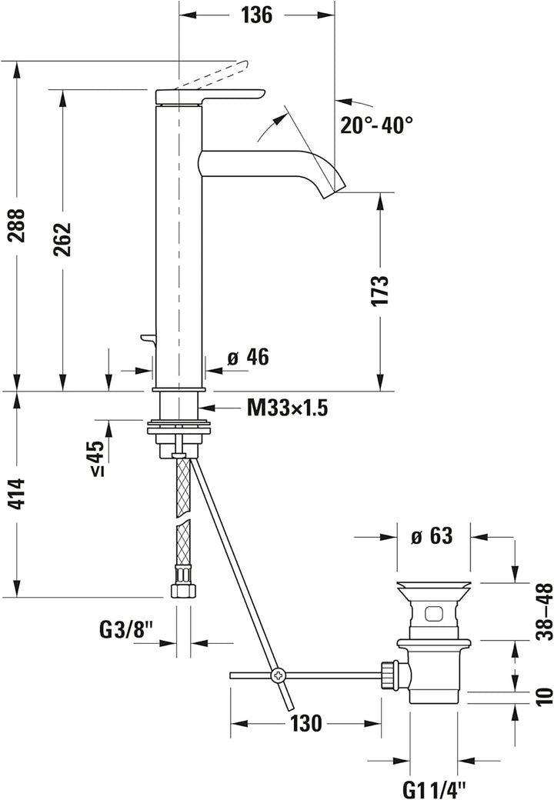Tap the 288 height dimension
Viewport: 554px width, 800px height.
tap(16, 225)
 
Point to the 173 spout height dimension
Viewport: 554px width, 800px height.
tap(379, 290)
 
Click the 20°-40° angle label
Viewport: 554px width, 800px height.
tap(378, 124)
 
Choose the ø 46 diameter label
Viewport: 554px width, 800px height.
tap(247, 357)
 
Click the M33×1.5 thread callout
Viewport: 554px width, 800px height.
tap(287, 408)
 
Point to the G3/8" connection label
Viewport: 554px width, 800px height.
tap(127, 631)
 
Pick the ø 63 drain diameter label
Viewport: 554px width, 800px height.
tap(432, 537)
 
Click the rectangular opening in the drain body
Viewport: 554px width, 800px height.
tap(433, 613)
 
